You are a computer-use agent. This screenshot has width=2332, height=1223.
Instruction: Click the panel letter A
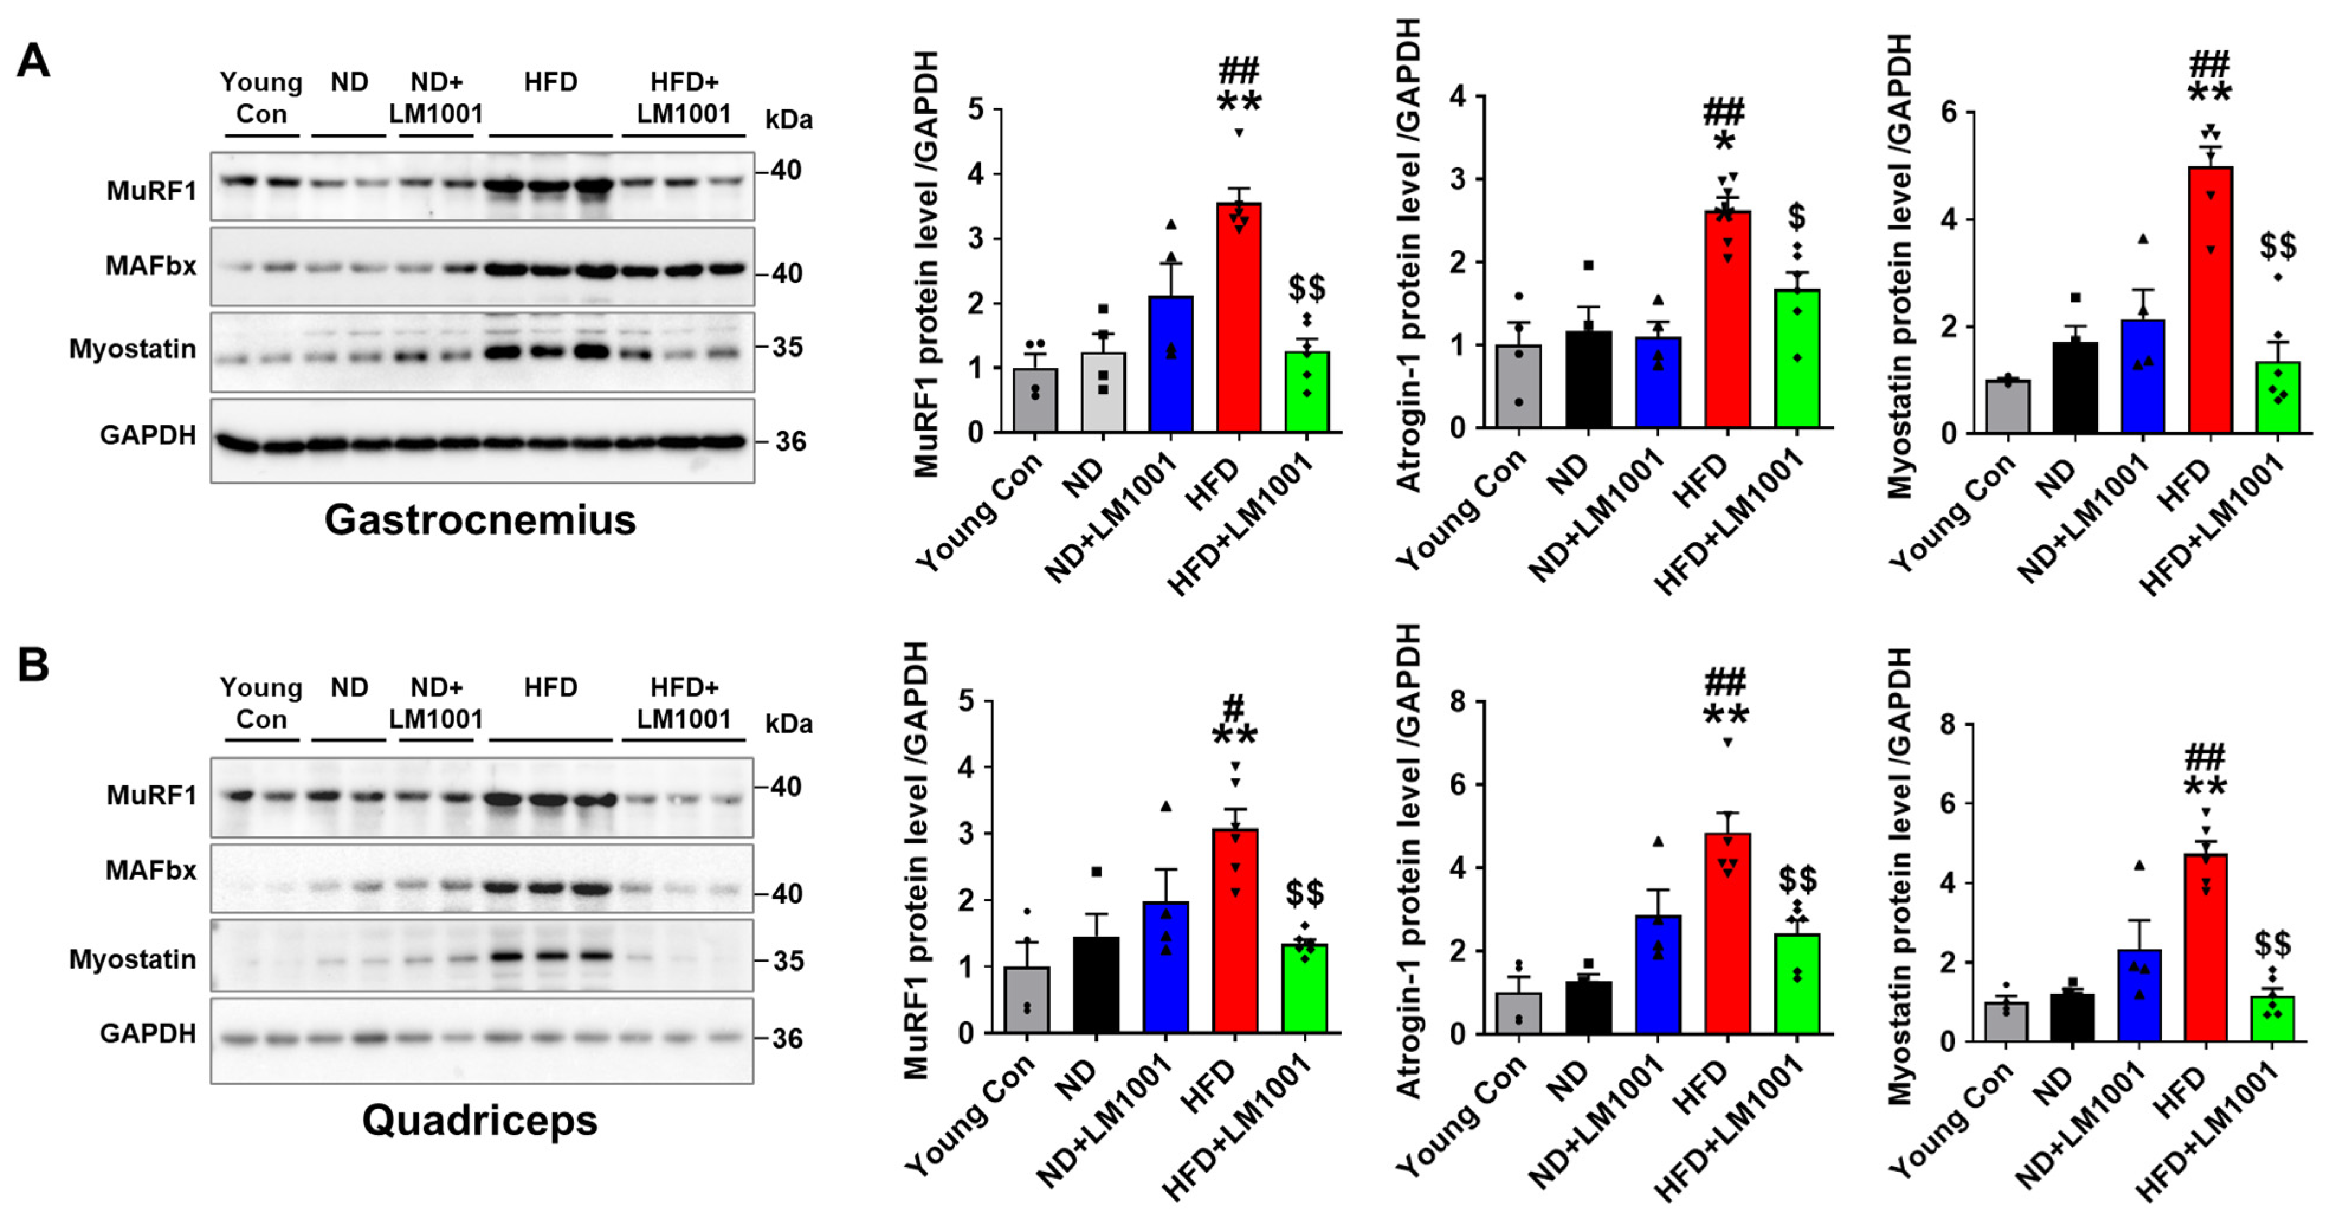pyautogui.click(x=34, y=62)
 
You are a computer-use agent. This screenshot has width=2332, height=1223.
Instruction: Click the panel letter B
pyautogui.click(x=34, y=665)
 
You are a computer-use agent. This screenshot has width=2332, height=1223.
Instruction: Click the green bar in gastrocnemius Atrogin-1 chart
pyautogui.click(x=1797, y=358)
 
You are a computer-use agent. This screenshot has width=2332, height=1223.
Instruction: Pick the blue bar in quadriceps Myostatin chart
pyautogui.click(x=2139, y=996)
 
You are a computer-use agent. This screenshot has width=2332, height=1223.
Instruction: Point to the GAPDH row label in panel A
pyautogui.click(x=147, y=435)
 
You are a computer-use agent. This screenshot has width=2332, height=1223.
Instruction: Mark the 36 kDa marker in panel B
pyautogui.click(x=787, y=1039)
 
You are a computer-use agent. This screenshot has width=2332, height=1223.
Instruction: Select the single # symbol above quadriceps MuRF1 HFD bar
pyautogui.click(x=1234, y=707)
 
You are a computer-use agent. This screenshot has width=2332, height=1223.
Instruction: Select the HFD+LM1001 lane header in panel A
pyautogui.click(x=683, y=98)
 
